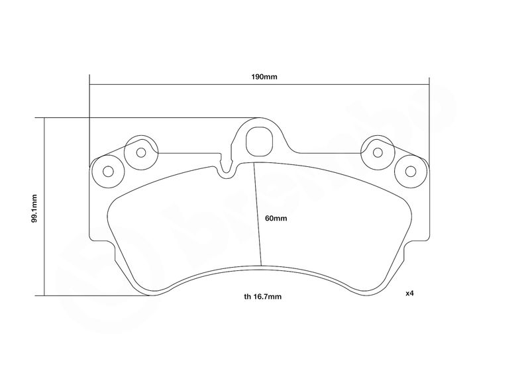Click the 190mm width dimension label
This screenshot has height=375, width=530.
264,77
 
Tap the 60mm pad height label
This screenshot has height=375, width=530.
276,219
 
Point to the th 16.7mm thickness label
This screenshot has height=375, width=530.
262,297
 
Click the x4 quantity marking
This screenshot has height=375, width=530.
409,294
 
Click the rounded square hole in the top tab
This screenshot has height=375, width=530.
259,141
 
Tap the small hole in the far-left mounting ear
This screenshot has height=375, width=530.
108,172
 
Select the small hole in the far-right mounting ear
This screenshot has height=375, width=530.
411,172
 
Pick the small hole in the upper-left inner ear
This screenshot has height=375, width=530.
141,153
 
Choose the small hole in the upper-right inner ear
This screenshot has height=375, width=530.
378,153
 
